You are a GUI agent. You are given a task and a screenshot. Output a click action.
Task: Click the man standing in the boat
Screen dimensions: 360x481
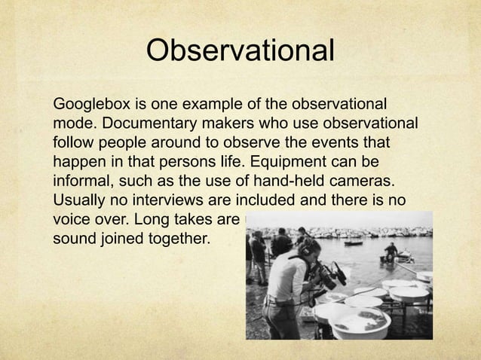click(391, 251)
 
